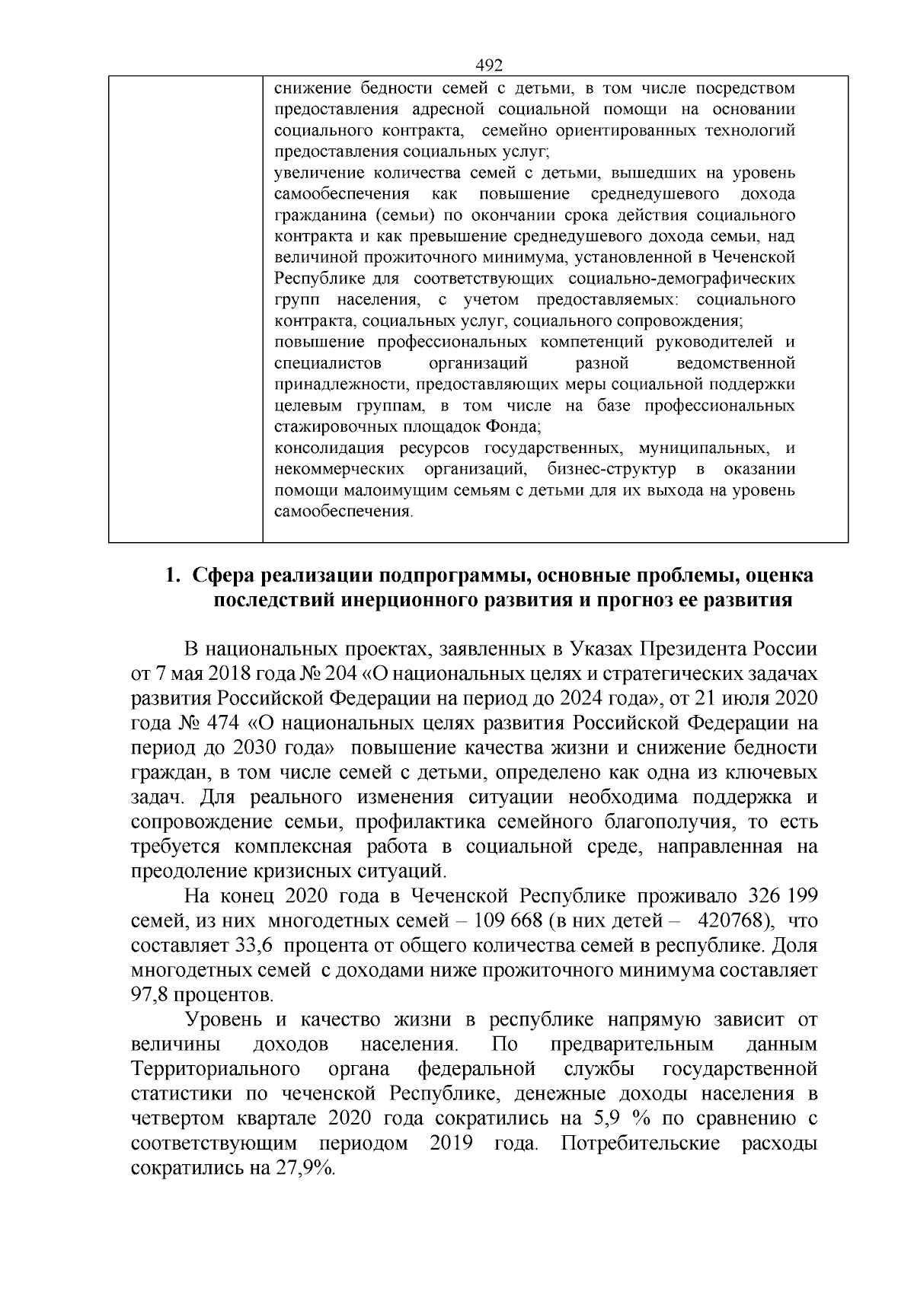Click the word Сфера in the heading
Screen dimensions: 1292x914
(225, 576)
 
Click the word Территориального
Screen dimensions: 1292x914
(213, 1068)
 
